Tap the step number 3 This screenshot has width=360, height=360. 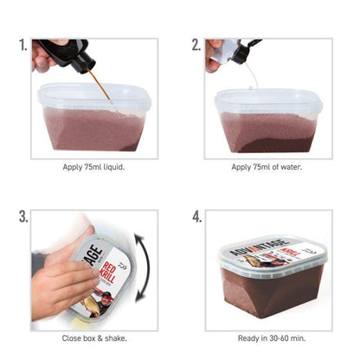[x=22, y=217]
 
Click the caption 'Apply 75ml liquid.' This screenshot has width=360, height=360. [x=94, y=167]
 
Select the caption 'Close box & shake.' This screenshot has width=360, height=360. [x=94, y=338]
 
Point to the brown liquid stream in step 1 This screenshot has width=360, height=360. [x=99, y=87]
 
